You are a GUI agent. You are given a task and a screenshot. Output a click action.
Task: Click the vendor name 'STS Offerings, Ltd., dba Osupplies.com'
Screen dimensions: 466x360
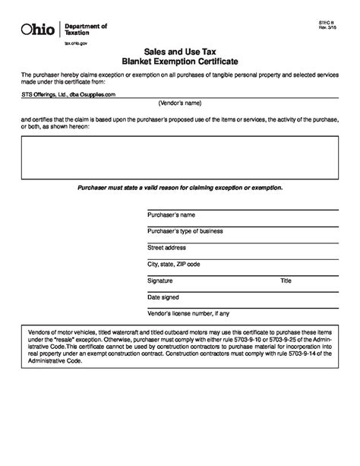[x=68, y=95]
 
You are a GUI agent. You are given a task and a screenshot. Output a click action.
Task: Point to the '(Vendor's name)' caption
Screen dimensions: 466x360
[x=179, y=103]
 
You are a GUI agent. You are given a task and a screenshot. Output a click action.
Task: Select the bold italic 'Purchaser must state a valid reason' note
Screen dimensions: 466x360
[x=179, y=187]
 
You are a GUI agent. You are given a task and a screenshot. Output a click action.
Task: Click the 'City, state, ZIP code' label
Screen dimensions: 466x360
[x=174, y=264]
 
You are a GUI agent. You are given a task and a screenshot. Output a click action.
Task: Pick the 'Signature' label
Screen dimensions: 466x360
[x=160, y=281]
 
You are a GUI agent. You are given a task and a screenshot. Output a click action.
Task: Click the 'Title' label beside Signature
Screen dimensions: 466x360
[x=286, y=281]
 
